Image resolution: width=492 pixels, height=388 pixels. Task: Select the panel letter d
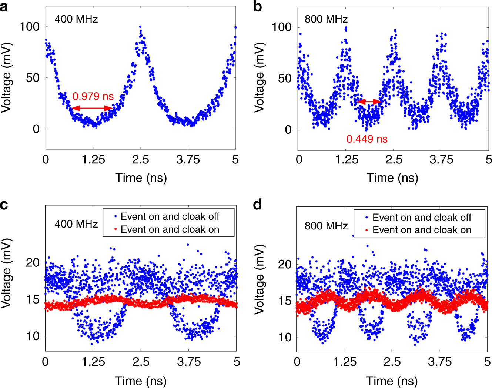point(257,205)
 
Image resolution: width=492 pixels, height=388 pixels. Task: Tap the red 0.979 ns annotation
point(93,96)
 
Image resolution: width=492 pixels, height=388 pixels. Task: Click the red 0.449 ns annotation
point(367,139)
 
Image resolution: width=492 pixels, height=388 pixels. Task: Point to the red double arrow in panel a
point(92,108)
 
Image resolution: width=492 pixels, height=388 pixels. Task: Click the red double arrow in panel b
point(370,101)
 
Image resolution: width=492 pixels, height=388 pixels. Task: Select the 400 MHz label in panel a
point(76,19)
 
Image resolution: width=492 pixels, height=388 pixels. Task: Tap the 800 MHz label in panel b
point(326,19)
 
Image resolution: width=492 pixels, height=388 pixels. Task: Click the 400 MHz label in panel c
point(76,224)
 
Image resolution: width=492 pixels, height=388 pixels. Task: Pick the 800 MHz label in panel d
point(326,226)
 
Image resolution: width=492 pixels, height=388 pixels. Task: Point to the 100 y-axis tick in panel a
point(30,27)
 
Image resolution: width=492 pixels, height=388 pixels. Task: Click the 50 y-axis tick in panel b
point(285,79)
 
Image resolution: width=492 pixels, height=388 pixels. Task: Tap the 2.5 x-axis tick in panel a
point(140,160)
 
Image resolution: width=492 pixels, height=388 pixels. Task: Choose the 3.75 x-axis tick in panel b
point(441,160)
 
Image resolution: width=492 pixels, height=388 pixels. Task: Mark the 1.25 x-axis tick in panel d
point(345,362)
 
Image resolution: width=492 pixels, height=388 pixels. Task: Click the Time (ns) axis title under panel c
point(141,381)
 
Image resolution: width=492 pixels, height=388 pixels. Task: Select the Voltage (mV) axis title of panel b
point(260,77)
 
